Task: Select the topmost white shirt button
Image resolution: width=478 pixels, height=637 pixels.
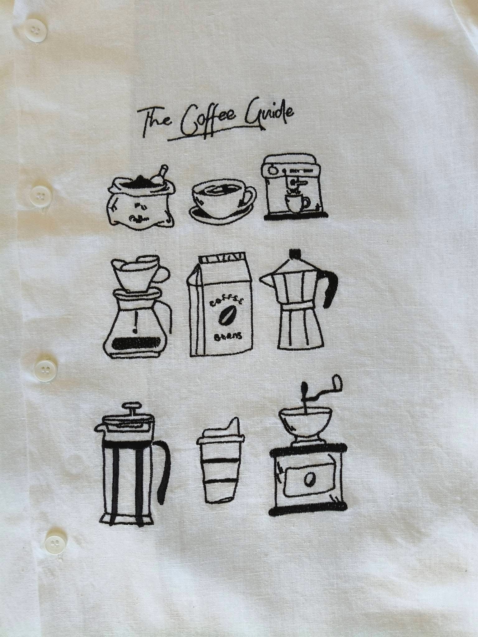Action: click(x=33, y=32)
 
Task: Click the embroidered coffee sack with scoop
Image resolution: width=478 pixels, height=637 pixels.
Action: click(x=140, y=198)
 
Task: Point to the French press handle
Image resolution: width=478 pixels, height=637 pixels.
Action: click(x=165, y=467)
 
